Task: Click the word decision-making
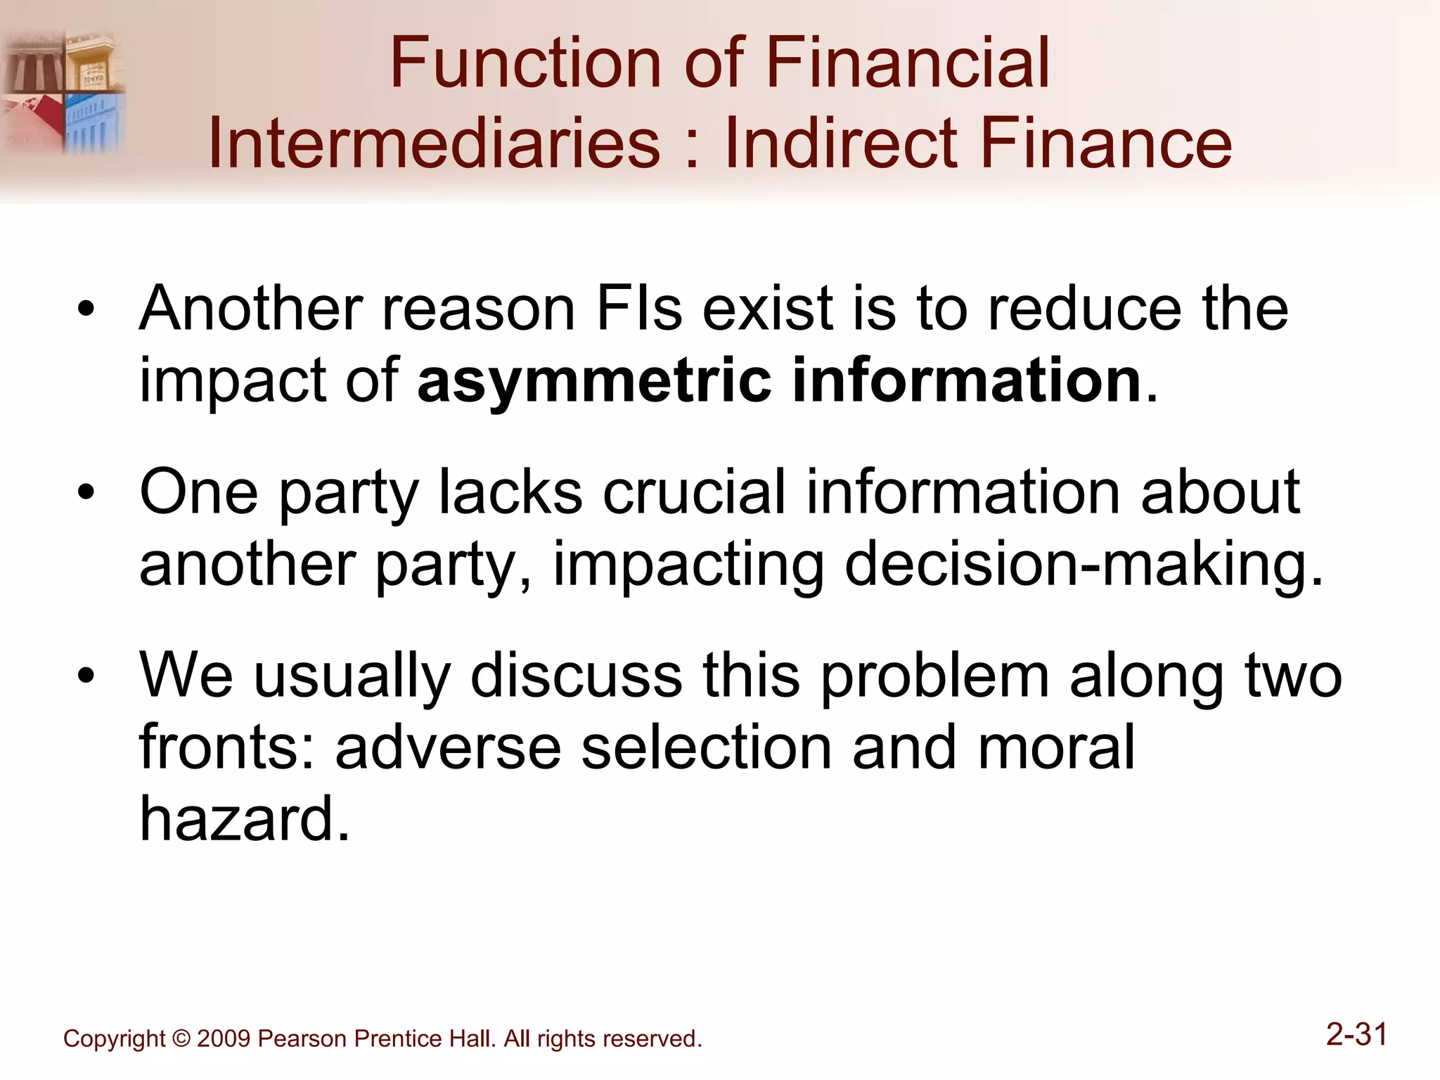pos(1083,564)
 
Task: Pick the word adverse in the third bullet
pos(448,747)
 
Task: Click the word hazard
pos(244,819)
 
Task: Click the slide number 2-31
pos(1356,1035)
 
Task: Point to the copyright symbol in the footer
pos(181,1039)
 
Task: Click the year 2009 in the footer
pos(224,1039)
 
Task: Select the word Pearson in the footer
pos(302,1039)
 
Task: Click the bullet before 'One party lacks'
pos(86,492)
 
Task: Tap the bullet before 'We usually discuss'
pos(86,676)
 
